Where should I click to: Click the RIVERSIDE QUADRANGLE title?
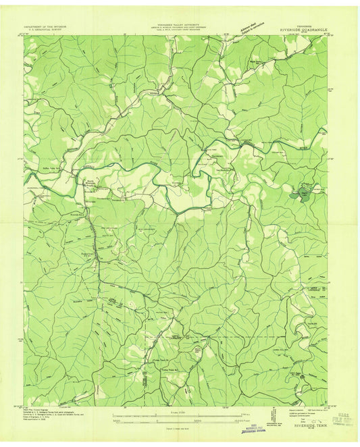click(x=301, y=30)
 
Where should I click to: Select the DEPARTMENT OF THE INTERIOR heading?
click(x=48, y=26)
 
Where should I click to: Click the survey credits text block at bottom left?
click(x=51, y=419)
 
